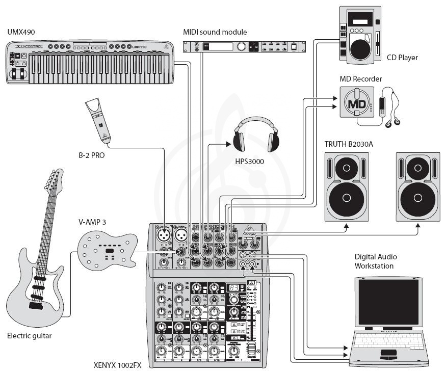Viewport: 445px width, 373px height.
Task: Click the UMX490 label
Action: tap(21, 32)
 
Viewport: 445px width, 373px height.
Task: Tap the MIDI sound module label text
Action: tap(215, 32)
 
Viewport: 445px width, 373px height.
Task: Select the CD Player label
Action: tap(402, 58)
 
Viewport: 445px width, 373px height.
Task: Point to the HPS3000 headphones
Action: tap(256, 135)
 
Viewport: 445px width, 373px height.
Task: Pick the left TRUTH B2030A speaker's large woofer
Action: tap(346, 197)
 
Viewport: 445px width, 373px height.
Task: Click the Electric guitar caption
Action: tap(29, 336)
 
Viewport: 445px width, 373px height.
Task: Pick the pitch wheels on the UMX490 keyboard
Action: tap(17, 76)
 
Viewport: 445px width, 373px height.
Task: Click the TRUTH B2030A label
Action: tap(349, 144)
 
